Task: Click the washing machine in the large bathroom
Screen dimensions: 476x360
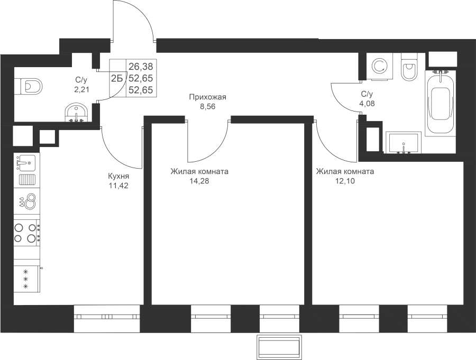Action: coord(379,66)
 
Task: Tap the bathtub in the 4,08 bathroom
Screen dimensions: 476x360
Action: coord(440,103)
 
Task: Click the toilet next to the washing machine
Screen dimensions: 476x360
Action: coord(409,67)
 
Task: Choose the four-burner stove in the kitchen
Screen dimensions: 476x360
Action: coord(27,233)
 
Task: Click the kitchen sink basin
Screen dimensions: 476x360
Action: coord(25,163)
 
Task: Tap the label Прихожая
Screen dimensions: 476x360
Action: coord(208,97)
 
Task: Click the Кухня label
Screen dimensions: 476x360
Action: coord(118,176)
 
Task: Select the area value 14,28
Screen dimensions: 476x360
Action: coord(199,181)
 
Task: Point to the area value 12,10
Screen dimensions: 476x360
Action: coord(344,181)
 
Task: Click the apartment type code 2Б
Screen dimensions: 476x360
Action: coord(117,79)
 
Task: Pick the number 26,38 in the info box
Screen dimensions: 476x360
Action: coord(141,66)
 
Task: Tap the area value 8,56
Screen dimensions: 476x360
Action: coord(208,107)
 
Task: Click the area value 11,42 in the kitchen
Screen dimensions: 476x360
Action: coord(118,186)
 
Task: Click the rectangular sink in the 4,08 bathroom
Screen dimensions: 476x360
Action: coord(404,142)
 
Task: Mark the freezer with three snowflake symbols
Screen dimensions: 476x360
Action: coord(27,279)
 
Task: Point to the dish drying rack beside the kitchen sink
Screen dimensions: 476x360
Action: coord(28,180)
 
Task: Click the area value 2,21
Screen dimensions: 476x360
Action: coord(82,90)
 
